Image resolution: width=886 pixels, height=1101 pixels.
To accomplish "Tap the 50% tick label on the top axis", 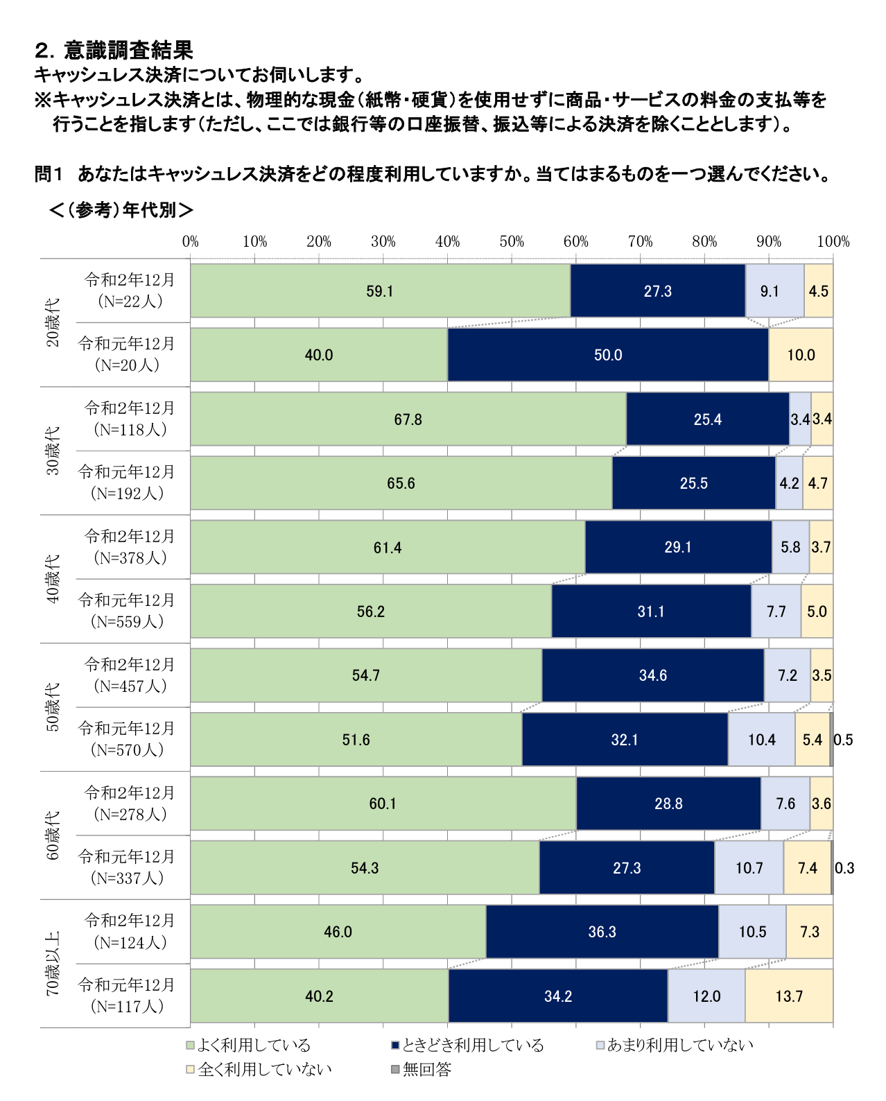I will (512, 241).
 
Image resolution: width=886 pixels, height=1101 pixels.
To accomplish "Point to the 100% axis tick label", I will (833, 241).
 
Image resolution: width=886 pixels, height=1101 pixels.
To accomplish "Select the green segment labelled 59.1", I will (380, 291).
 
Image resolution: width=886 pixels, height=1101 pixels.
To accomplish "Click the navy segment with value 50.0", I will (608, 355).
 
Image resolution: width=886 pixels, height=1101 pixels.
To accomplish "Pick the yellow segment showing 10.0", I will (801, 355).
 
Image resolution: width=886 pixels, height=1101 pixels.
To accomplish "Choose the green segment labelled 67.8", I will (408, 419).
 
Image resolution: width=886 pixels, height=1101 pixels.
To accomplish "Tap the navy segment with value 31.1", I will (651, 612).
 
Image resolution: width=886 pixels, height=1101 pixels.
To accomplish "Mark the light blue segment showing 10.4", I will (761, 740).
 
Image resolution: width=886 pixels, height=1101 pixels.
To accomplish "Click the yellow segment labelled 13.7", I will (789, 996).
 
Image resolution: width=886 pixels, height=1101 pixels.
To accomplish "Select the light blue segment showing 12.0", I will (706, 996).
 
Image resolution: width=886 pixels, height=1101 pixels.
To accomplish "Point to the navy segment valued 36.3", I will (602, 932).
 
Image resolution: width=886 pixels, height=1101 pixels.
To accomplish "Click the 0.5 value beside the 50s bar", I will (844, 740).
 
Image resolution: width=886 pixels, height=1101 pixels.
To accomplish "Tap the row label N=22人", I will (130, 301).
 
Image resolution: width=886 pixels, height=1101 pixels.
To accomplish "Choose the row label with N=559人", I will (127, 621).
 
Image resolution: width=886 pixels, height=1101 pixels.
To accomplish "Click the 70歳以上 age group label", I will (53, 964).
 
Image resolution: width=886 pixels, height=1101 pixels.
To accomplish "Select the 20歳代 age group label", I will (53, 322).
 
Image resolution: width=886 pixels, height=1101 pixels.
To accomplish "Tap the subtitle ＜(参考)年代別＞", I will (121, 210).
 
